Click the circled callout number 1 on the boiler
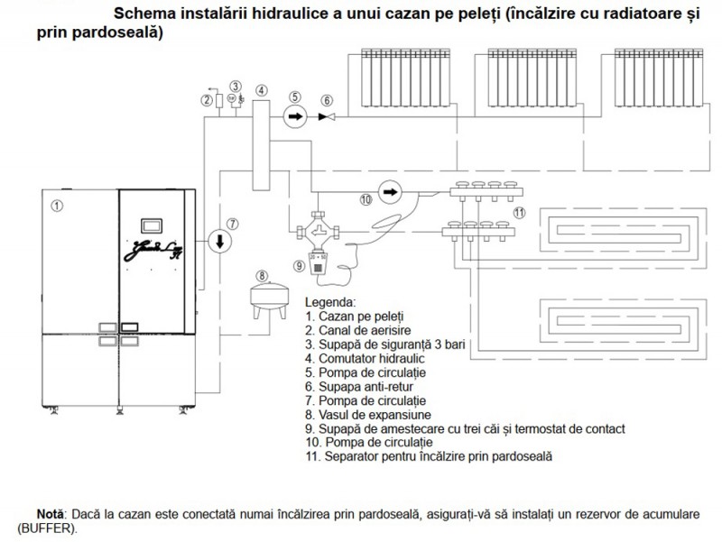[x=57, y=206]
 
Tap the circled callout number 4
[x=262, y=90]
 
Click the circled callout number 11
[x=518, y=212]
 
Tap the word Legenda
[x=330, y=301]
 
